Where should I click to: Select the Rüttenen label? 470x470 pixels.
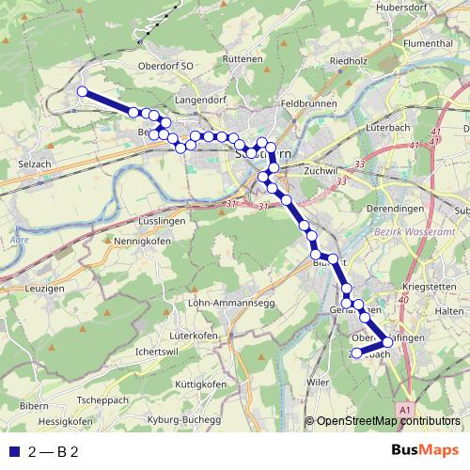243,58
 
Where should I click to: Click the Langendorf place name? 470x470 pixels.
201,98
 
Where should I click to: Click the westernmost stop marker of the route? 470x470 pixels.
83,91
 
